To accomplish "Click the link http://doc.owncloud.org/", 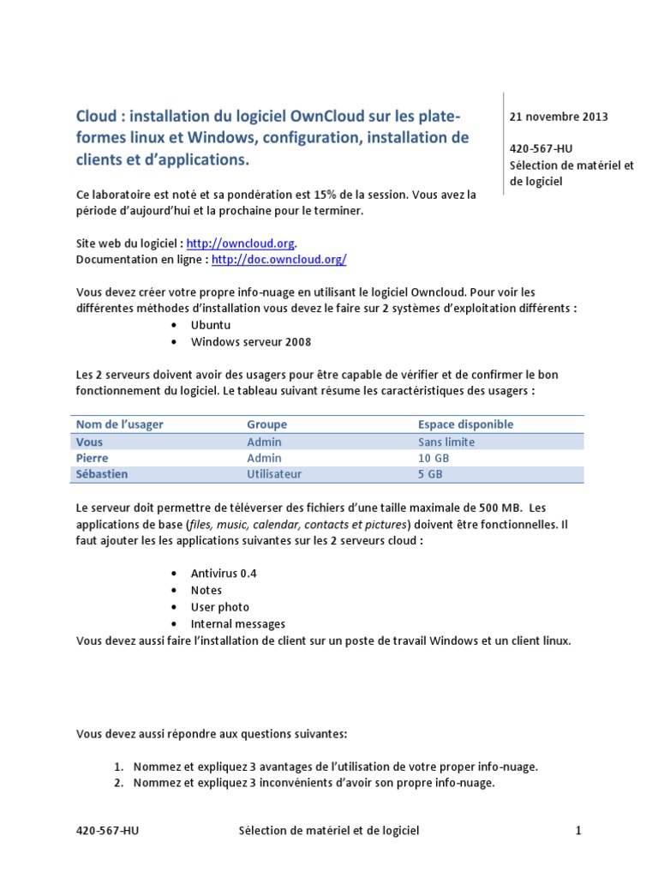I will pyautogui.click(x=278, y=259).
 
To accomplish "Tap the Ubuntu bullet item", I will pyautogui.click(x=211, y=326).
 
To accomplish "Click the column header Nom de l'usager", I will pyautogui.click(x=120, y=424).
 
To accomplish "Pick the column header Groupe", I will pyautogui.click(x=266, y=424).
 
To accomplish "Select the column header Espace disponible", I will pyautogui.click(x=465, y=424).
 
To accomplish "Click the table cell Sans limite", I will pyautogui.click(x=446, y=442).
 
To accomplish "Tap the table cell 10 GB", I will pyautogui.click(x=433, y=458).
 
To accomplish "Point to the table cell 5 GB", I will pyautogui.click(x=430, y=473).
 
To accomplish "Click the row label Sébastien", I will pyautogui.click(x=105, y=473).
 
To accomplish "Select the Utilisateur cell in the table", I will pyautogui.click(x=274, y=473).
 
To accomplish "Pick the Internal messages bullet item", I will pyautogui.click(x=238, y=623).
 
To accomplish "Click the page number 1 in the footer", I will pyautogui.click(x=578, y=830).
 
